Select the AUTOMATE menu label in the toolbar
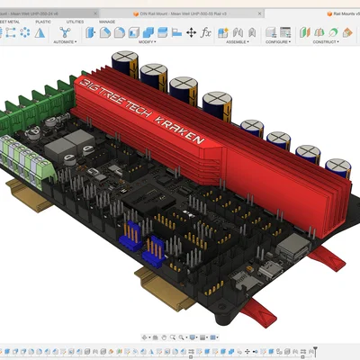point(63,41)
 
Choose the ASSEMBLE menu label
point(238,41)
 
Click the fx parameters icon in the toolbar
point(206,32)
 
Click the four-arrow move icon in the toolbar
point(191,32)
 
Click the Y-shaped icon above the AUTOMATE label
point(63,31)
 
